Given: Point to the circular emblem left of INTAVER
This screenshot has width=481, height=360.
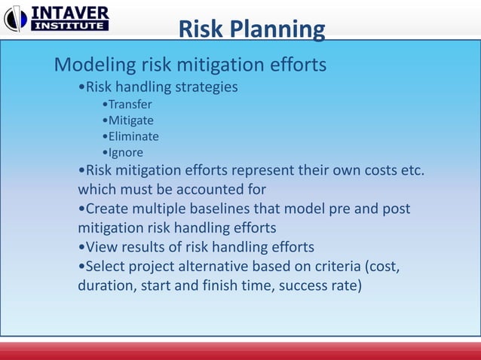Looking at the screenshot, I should click(15, 18).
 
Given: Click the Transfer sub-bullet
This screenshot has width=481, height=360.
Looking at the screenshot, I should click(130, 104).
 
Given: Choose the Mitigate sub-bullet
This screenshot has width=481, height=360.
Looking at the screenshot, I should click(130, 121).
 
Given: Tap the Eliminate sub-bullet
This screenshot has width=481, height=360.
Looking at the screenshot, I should click(133, 136).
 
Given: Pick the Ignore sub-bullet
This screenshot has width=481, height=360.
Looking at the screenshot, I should click(126, 153).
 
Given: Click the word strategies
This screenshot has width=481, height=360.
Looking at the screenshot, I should click(207, 87).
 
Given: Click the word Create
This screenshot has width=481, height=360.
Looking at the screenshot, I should click(109, 208).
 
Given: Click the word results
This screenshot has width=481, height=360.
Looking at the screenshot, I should click(146, 247).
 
